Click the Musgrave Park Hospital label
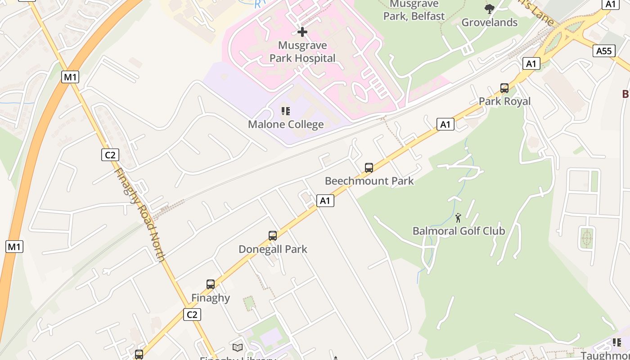coord(302,52)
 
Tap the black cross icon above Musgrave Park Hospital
coord(302,32)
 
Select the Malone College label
coord(286,125)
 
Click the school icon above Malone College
coord(286,111)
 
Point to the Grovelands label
coord(490,22)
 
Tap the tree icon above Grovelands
coord(490,9)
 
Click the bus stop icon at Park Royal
coord(504,88)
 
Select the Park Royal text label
coord(504,101)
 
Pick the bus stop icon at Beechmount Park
coord(369,168)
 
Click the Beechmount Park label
coord(369,181)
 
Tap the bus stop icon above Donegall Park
coord(273,235)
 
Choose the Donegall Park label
coord(273,249)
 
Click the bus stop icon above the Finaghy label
coord(211,284)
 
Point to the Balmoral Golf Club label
coord(459,231)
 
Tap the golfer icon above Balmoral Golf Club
coord(459,218)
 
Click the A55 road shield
coord(603,51)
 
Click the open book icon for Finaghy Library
coord(238,347)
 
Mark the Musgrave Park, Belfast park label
coord(414,10)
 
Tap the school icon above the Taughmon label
coord(616,342)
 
